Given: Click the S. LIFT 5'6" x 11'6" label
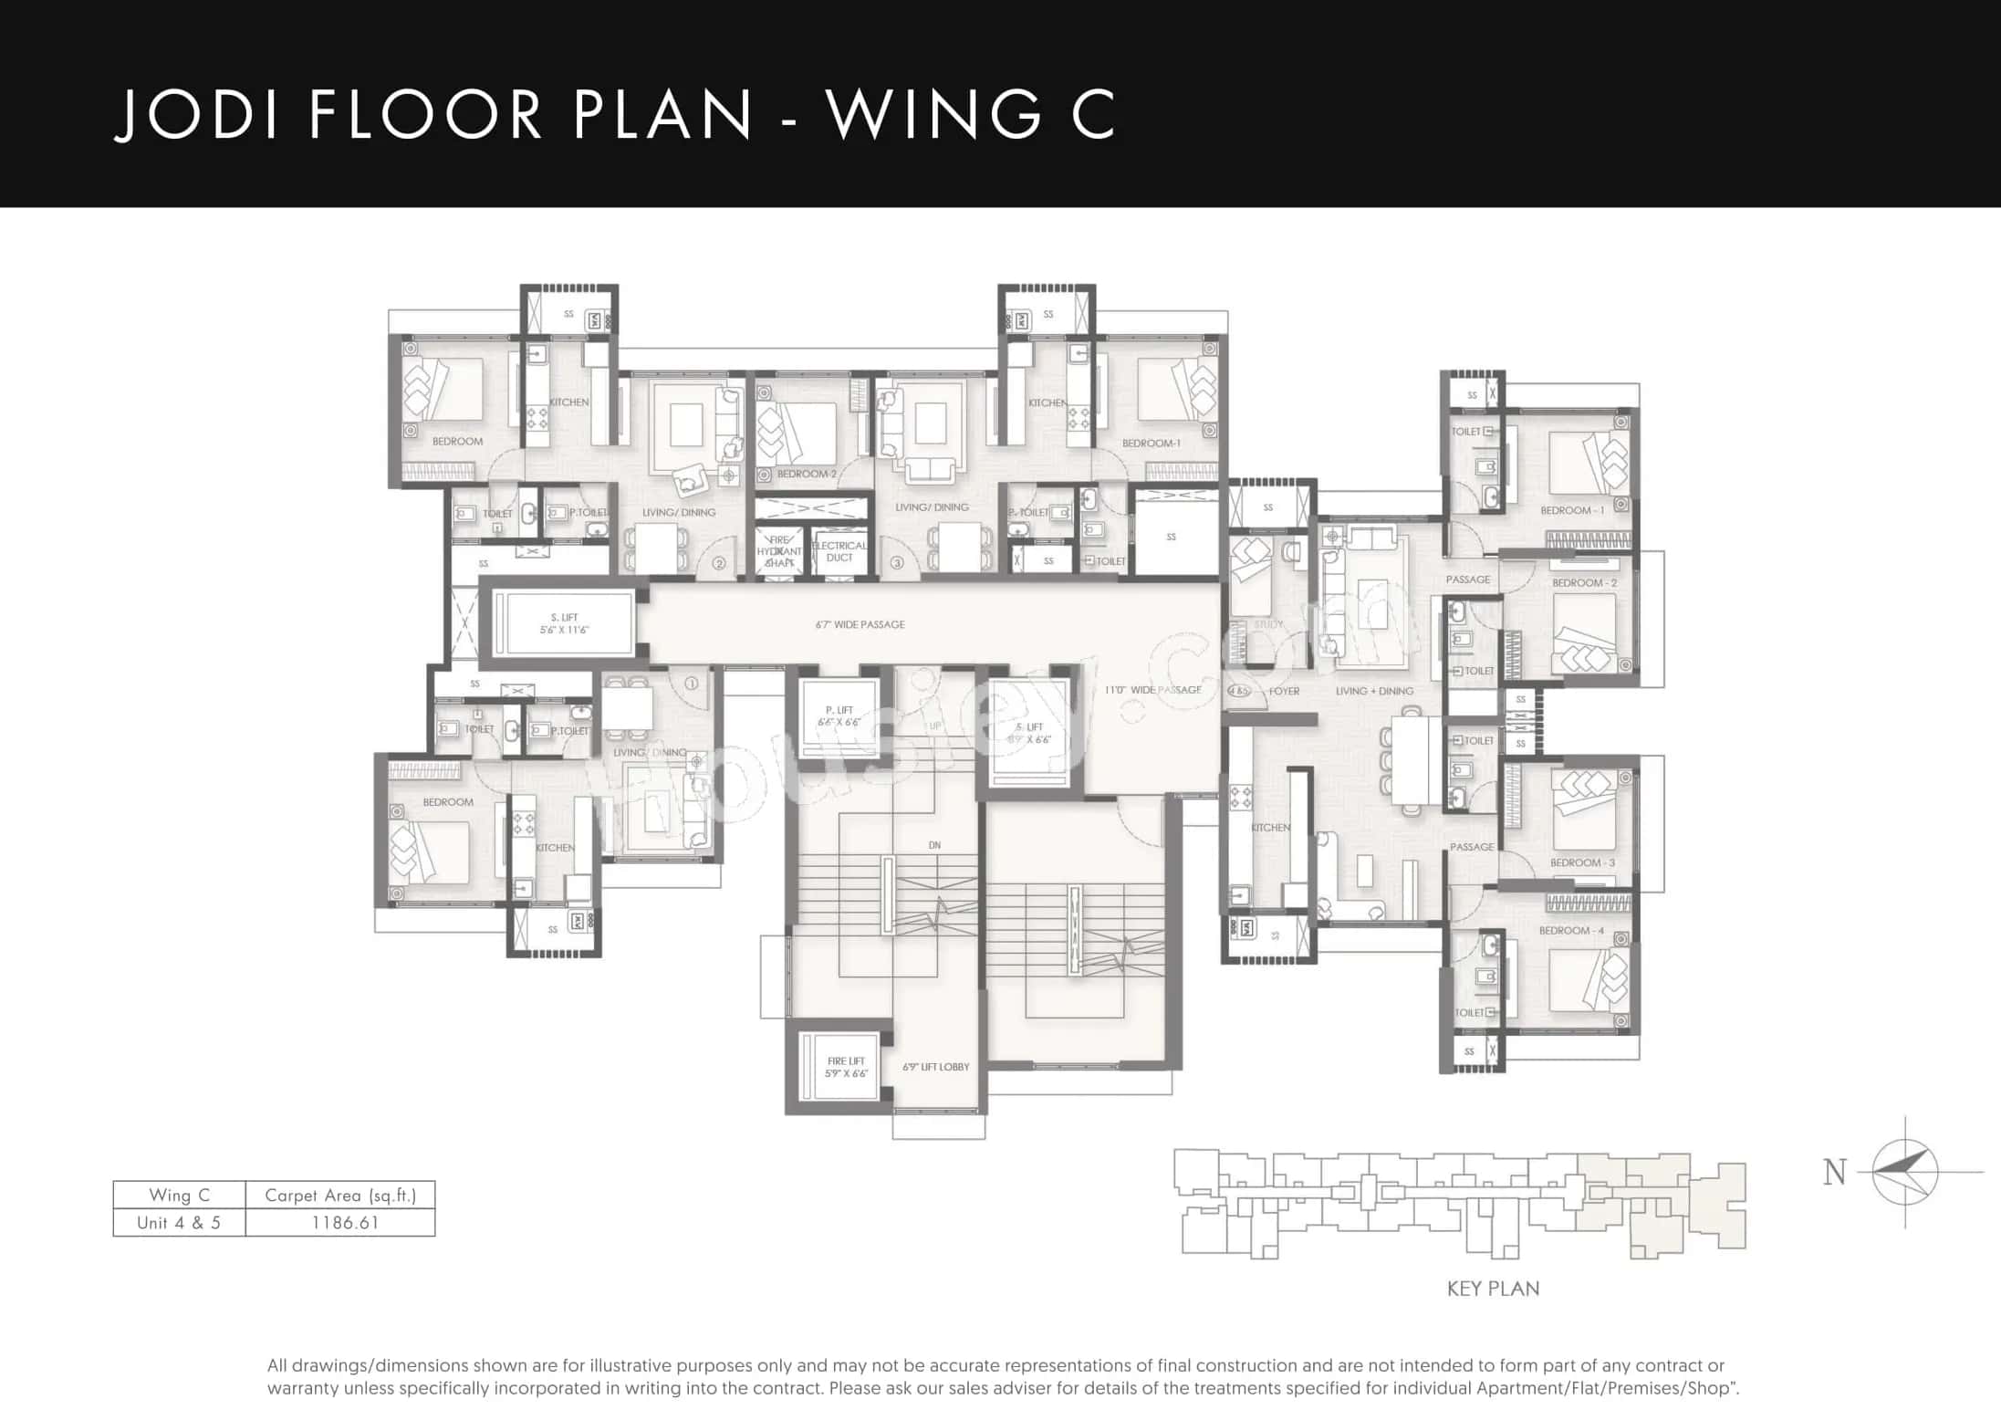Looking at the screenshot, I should click(x=564, y=623).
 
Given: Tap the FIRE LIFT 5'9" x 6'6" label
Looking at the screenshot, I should click(x=846, y=1067).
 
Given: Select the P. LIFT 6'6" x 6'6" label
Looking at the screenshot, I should click(x=839, y=715).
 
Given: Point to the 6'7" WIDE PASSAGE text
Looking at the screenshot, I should click(x=860, y=625).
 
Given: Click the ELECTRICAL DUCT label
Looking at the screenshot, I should click(x=839, y=551).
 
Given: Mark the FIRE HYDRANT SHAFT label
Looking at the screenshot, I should click(x=779, y=551).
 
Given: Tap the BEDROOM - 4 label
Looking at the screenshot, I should click(x=1570, y=931).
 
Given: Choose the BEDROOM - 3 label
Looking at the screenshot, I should click(x=1582, y=862).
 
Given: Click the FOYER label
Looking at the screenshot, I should click(x=1284, y=691).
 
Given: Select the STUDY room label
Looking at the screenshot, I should click(x=1268, y=624).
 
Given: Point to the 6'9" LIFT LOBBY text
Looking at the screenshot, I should click(x=935, y=1067).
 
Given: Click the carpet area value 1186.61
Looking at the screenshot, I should click(x=345, y=1223).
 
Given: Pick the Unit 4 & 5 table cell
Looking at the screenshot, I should click(x=179, y=1223).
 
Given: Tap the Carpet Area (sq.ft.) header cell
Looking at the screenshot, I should click(x=340, y=1196).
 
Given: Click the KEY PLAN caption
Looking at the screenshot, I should click(x=1493, y=1289).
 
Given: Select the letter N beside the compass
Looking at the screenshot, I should click(x=1834, y=1172).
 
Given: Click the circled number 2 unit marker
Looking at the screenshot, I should click(x=719, y=564).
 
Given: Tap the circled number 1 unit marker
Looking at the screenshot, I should click(x=691, y=683).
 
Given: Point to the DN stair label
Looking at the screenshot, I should click(x=934, y=845).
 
